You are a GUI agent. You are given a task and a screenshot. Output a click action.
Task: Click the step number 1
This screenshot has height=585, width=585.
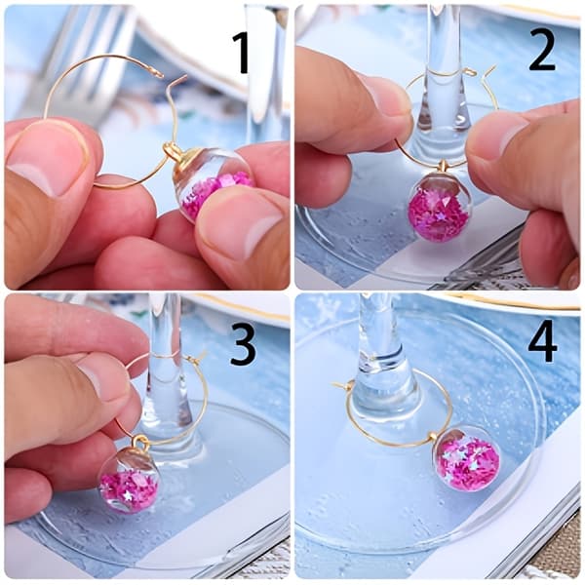click(x=242, y=53)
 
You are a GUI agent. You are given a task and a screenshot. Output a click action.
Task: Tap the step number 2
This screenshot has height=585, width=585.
click(x=542, y=53)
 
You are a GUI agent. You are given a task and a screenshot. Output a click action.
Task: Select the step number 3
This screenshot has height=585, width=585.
click(x=243, y=345)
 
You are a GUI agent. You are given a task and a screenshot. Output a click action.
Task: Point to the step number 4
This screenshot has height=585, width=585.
click(x=543, y=344)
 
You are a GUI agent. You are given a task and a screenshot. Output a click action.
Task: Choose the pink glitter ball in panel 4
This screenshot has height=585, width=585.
click(x=467, y=459)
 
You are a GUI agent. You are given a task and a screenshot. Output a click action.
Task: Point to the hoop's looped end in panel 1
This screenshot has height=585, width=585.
click(x=159, y=74)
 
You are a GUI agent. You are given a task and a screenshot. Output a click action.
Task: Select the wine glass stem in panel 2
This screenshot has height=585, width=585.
click(x=444, y=71)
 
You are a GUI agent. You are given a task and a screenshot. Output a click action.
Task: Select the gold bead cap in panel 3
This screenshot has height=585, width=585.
click(x=138, y=444)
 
